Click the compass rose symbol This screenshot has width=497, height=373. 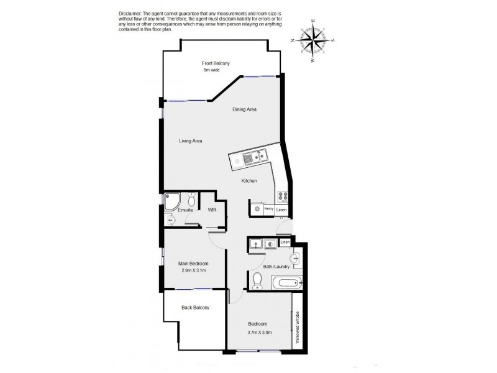point(313,40)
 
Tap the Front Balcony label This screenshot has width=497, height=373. point(216,63)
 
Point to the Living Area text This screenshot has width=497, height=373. point(191,140)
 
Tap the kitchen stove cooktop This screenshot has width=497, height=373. point(282,196)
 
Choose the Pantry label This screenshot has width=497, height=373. point(268,210)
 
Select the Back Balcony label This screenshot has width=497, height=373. point(195,308)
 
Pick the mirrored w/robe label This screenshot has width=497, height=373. point(298,327)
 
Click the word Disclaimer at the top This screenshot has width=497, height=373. point(129,14)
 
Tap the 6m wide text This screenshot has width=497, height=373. point(211,70)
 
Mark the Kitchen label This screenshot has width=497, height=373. point(249,181)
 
